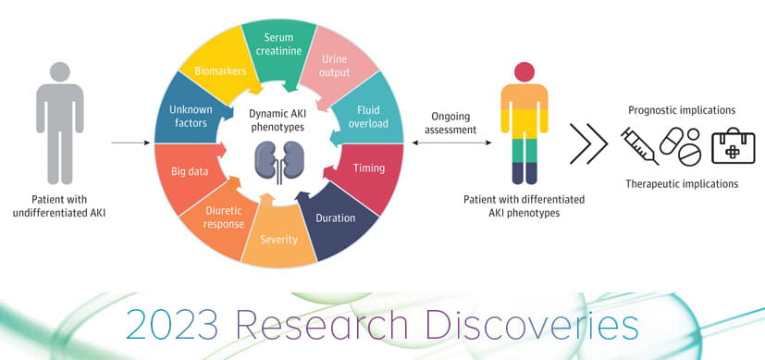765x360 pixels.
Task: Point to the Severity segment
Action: [279, 237]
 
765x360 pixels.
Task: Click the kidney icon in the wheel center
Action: [279, 161]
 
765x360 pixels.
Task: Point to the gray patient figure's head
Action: [60, 71]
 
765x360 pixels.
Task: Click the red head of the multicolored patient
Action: [524, 72]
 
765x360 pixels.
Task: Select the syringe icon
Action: [639, 146]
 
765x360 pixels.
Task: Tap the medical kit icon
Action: [733, 146]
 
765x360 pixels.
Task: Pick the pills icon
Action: [680, 145]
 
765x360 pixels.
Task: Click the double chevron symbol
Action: [589, 143]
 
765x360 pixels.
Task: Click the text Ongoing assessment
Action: [450, 123]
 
